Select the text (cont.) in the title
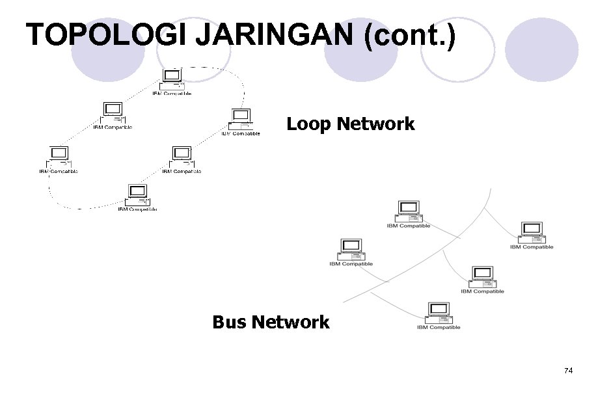[410, 35]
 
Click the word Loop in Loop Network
[308, 124]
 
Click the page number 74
[569, 371]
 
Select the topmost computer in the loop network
[172, 79]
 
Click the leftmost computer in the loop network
[59, 157]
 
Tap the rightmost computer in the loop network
[241, 119]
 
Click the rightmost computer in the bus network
[532, 232]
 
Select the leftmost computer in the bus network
[351, 248]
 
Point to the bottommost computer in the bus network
[438, 312]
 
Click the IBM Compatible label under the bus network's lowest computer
[439, 327]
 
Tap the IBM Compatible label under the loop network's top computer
[172, 94]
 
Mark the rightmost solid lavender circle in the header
[541, 49]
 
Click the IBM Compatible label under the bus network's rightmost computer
[532, 247]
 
